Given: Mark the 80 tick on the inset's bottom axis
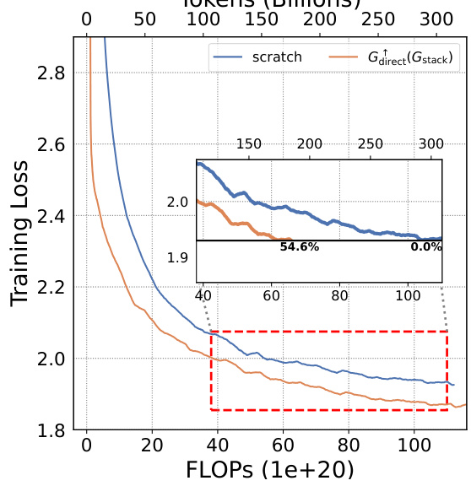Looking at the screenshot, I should click(339, 296).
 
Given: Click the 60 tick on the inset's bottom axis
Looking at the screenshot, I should click(271, 296).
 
